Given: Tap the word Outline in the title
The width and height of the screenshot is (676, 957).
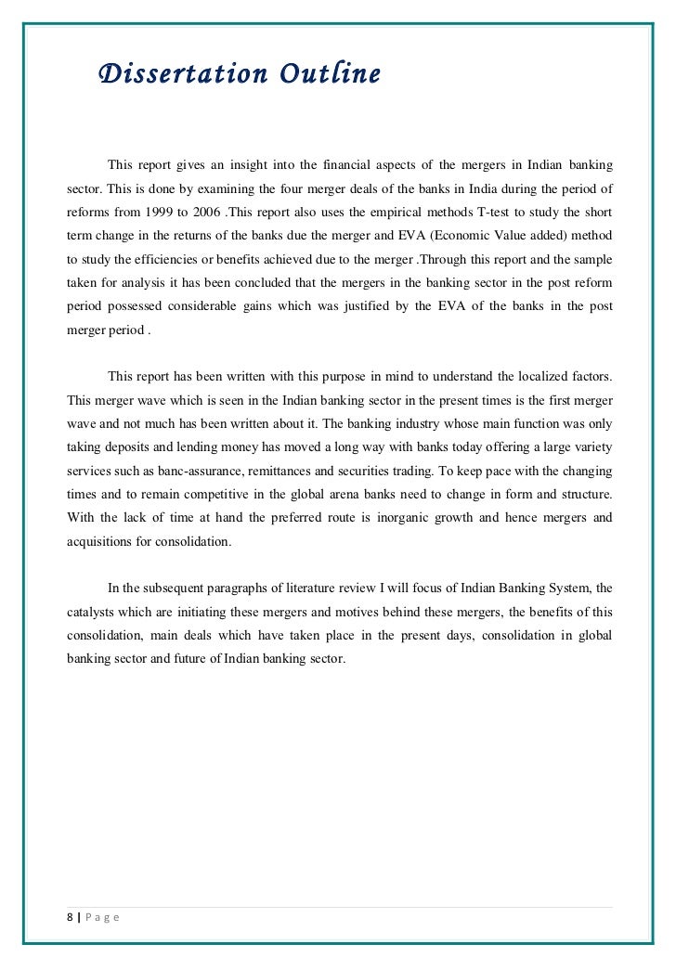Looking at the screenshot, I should (320, 74).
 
